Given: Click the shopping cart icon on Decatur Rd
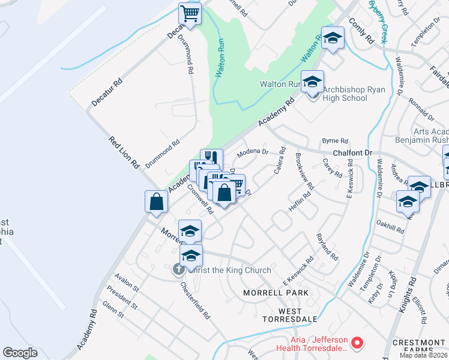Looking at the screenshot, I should pyautogui.click(x=190, y=13).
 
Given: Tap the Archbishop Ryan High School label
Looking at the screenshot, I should pyautogui.click(x=345, y=94).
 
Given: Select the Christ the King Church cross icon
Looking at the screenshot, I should pyautogui.click(x=178, y=270).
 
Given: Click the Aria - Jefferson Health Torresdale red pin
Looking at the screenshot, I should pyautogui.click(x=357, y=343).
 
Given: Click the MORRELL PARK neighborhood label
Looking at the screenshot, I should pyautogui.click(x=276, y=293).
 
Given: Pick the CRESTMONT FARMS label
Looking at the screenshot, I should pyautogui.click(x=418, y=346).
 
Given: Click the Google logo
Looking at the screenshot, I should pyautogui.click(x=20, y=353).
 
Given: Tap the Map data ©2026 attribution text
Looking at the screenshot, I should pyautogui.click(x=423, y=355).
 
